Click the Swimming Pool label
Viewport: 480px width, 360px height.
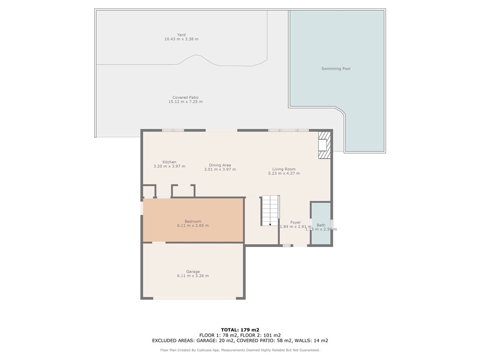click(336, 69)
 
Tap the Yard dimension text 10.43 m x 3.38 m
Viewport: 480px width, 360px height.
click(181, 39)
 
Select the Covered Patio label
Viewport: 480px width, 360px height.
click(185, 97)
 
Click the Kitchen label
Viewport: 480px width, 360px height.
click(169, 162)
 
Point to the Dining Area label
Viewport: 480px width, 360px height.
click(220, 165)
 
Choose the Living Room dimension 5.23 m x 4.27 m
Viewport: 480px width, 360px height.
click(284, 173)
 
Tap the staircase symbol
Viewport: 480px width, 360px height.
click(270, 210)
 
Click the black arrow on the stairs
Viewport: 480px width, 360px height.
click(270, 225)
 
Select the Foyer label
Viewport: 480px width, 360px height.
click(295, 223)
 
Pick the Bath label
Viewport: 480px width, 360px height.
click(321, 225)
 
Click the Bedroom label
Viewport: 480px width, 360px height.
click(193, 221)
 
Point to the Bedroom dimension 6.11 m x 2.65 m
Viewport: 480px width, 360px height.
click(193, 226)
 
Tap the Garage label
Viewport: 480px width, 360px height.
click(193, 271)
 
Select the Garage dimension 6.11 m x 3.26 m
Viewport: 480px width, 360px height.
click(193, 276)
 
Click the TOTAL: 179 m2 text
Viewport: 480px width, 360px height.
click(240, 330)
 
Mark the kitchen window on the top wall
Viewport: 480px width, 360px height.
click(173, 130)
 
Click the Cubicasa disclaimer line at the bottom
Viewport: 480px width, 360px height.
click(240, 350)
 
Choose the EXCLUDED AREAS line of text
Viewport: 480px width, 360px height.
click(240, 341)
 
